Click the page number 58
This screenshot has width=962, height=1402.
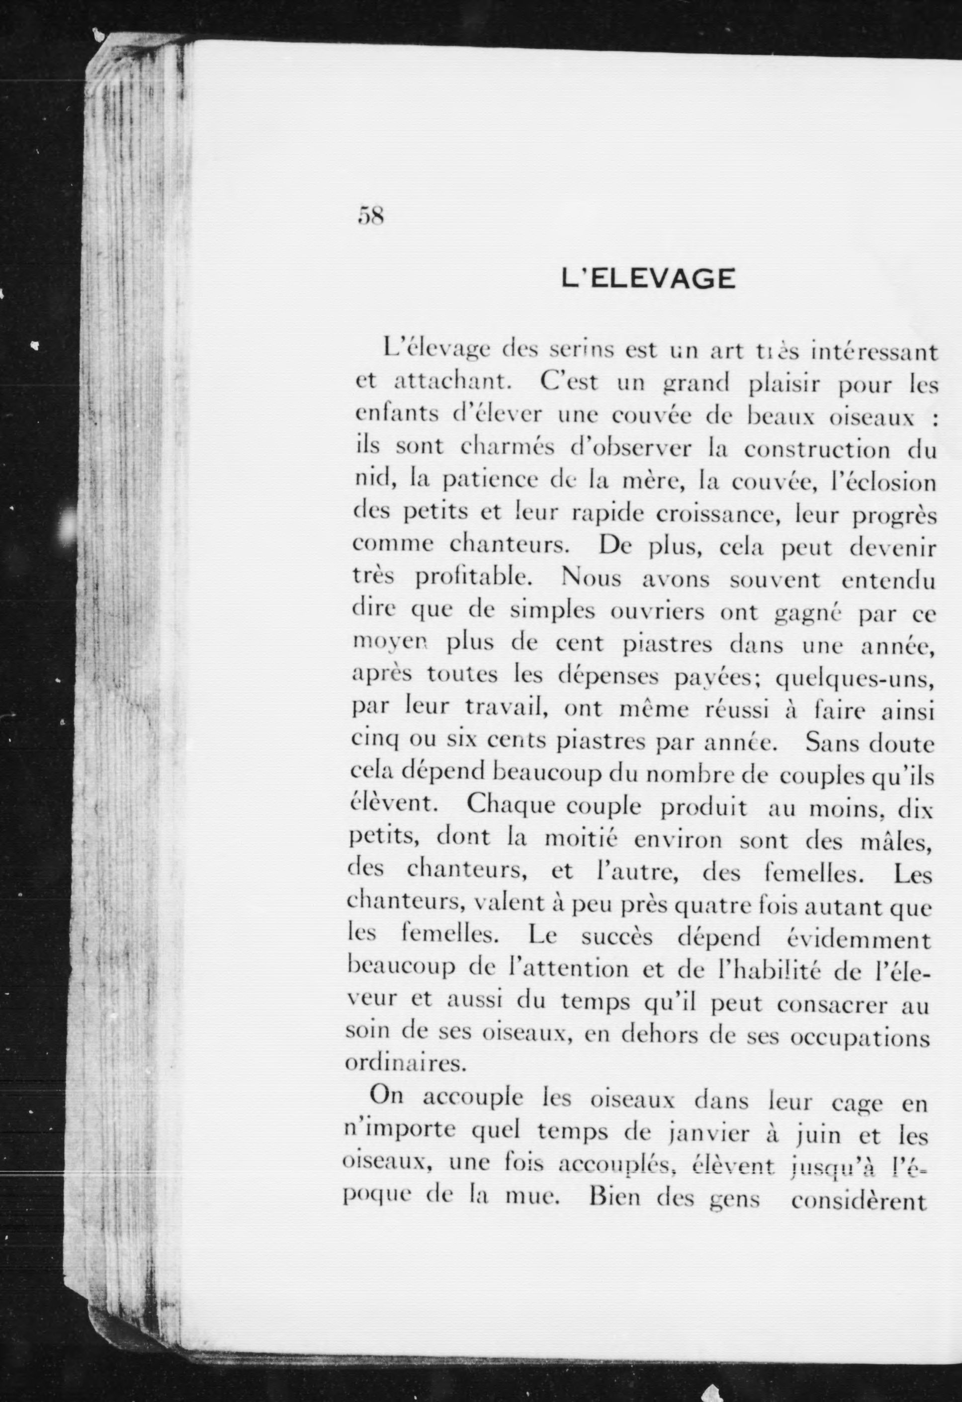pos(371,215)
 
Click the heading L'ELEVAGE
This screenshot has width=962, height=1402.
pos(648,279)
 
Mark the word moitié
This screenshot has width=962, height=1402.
pos(581,839)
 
